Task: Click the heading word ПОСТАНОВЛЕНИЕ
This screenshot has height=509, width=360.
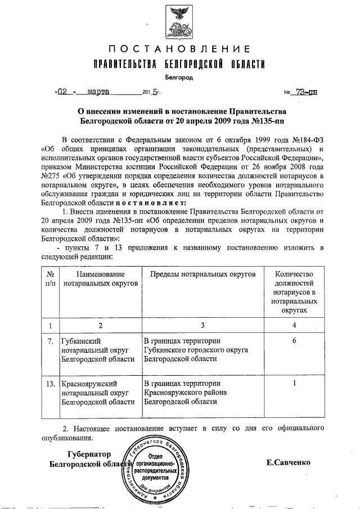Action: tap(179, 48)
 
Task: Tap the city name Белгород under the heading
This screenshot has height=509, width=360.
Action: tap(179, 78)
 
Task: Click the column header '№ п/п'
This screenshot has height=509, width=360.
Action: tap(50, 278)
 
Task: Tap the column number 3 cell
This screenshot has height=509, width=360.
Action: tap(202, 325)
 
